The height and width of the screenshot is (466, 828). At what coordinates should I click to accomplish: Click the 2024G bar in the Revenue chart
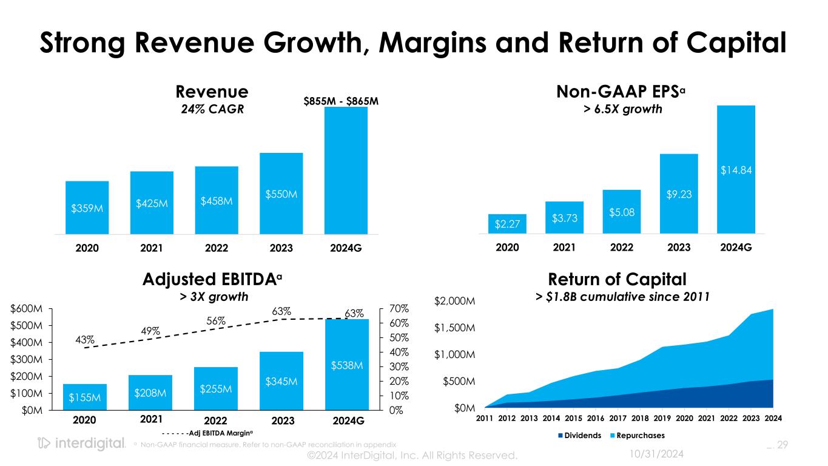[x=346, y=171]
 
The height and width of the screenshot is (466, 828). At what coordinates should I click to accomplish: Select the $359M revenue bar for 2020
[x=87, y=208]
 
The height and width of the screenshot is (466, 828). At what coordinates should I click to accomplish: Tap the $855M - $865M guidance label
[x=342, y=101]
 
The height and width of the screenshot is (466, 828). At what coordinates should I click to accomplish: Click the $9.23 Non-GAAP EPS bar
[x=679, y=194]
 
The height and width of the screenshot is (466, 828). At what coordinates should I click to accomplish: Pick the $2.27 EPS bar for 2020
[x=507, y=224]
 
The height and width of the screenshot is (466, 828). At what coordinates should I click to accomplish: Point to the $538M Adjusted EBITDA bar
[x=347, y=365]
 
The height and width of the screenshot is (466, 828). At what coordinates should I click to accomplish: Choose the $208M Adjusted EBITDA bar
[x=150, y=393]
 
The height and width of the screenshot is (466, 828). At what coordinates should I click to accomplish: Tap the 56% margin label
[x=217, y=320]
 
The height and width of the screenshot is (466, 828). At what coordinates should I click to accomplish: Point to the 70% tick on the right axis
[x=398, y=309]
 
